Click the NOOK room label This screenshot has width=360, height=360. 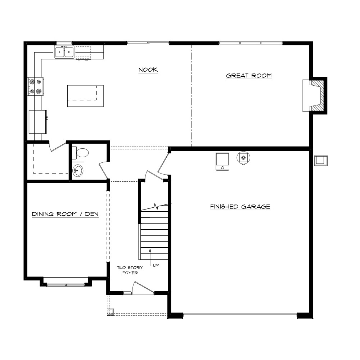tap(148, 69)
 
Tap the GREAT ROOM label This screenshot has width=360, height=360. tap(249, 76)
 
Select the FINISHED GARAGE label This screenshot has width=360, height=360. tap(240, 207)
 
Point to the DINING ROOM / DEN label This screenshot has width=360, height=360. tap(65, 214)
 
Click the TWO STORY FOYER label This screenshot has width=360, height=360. tap(130, 270)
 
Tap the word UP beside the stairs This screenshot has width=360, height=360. tap(156, 265)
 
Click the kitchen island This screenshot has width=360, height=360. tap(85, 96)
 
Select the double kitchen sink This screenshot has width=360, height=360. tap(64, 51)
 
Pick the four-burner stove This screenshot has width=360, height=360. tap(36, 86)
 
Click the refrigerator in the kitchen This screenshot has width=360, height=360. tap(38, 122)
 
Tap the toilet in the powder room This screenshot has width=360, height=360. tap(80, 153)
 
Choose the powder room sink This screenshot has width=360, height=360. tap(78, 171)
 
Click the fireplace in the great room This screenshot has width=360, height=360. tap(315, 95)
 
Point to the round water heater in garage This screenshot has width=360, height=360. tap(243, 158)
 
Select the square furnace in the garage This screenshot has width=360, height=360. tap(222, 162)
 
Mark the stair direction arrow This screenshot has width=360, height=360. tap(150, 257)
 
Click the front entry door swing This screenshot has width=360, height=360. tap(143, 288)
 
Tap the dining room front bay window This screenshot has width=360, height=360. tap(66, 285)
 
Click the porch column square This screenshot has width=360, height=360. tap(111, 312)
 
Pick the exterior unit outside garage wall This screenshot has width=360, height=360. tap(321, 161)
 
